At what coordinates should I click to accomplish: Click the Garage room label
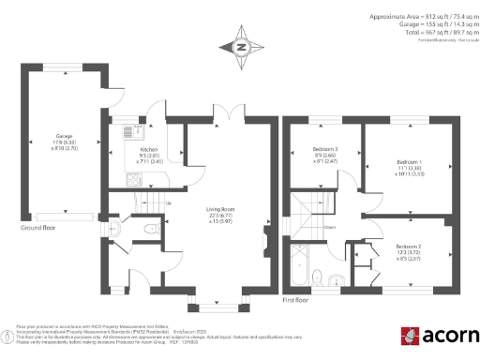65,136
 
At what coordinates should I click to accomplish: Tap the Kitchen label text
149,149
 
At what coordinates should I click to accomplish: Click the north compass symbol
241,47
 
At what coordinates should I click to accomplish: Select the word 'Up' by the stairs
169,202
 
